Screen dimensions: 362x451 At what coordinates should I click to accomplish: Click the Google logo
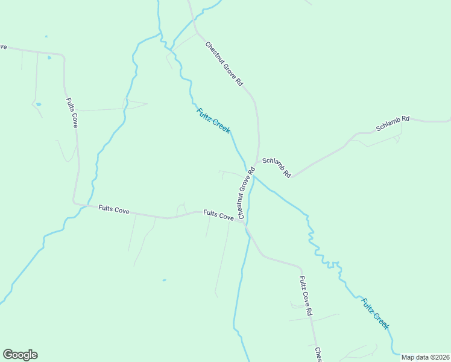pyautogui.click(x=20, y=355)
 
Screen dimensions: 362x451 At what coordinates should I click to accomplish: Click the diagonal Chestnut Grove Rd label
pyautogui.click(x=224, y=64)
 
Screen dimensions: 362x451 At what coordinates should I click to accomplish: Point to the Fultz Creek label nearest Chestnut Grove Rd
pyautogui.click(x=213, y=120)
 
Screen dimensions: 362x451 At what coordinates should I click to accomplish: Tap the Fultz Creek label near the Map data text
pyautogui.click(x=375, y=313)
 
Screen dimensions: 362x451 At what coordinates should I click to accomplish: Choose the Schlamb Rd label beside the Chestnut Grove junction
pyautogui.click(x=277, y=168)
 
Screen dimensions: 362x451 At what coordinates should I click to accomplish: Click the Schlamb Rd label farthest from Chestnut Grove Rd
pyautogui.click(x=393, y=123)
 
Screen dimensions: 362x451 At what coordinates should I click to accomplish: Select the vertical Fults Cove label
pyautogui.click(x=72, y=112)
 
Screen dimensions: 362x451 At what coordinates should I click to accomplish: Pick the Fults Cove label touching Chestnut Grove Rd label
pyautogui.click(x=218, y=214)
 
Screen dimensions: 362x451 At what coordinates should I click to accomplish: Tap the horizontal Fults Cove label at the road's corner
pyautogui.click(x=113, y=209)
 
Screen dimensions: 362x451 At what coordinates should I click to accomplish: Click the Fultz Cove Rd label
pyautogui.click(x=306, y=296)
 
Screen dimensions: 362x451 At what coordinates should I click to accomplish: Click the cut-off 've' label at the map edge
pyautogui.click(x=3, y=46)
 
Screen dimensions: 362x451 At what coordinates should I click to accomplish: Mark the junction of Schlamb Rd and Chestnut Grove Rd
pyautogui.click(x=257, y=162)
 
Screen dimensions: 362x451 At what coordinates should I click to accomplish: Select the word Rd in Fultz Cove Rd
pyautogui.click(x=309, y=311)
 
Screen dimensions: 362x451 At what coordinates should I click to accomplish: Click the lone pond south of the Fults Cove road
pyautogui.click(x=164, y=280)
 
